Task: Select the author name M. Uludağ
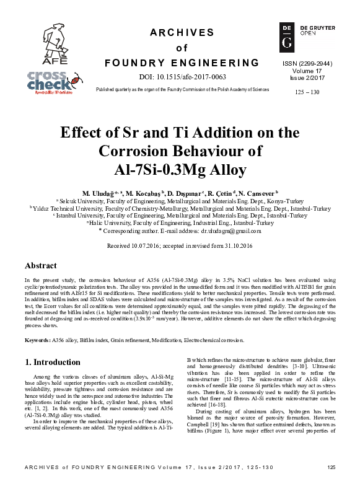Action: pos(98,193)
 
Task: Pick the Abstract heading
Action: pos(40,265)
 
